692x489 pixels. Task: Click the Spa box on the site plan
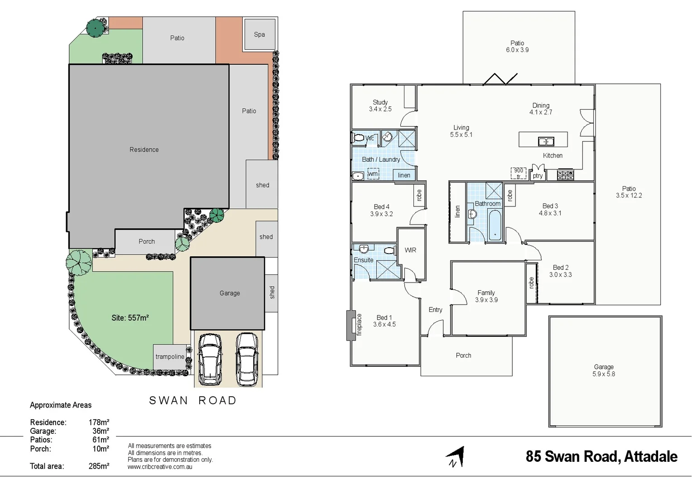[259, 34]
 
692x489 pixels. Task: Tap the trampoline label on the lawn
[170, 357]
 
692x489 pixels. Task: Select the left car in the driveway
[210, 359]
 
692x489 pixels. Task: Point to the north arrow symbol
[457, 457]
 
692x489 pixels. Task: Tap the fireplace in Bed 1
[351, 325]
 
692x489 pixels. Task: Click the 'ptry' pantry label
[538, 176]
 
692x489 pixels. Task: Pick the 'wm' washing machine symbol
[373, 174]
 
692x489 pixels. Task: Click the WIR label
[410, 250]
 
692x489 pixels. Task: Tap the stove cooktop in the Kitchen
[565, 175]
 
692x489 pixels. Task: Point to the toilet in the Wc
[359, 138]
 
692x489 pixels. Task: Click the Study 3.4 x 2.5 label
[380, 105]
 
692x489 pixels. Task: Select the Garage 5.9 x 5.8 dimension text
[604, 374]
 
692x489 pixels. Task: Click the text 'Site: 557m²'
[130, 318]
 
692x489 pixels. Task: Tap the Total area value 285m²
[99, 466]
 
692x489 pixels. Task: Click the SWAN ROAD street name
[193, 401]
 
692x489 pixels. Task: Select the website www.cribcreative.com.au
[160, 467]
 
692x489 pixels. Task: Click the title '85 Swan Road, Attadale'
[601, 456]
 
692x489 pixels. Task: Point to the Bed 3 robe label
[510, 196]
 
